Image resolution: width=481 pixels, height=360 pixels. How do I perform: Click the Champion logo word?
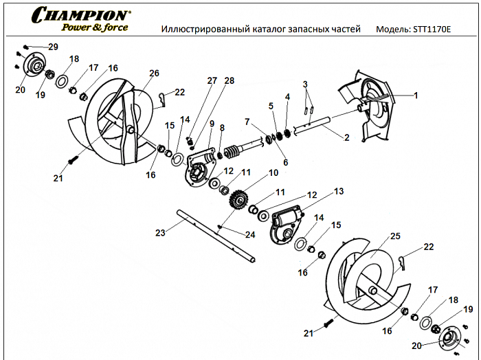tap(79, 14)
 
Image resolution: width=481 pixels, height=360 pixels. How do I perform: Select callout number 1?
tap(415, 95)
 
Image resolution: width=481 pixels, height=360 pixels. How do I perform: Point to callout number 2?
tap(346, 137)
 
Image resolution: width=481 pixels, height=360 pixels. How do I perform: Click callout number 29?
tap(53, 46)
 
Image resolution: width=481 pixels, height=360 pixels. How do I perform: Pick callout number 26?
tap(154, 74)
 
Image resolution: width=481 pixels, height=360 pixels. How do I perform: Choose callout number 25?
tap(395, 236)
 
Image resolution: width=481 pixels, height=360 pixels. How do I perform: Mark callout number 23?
tap(160, 233)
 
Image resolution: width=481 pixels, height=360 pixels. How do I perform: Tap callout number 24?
tap(249, 235)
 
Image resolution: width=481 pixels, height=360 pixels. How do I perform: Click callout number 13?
tap(338, 191)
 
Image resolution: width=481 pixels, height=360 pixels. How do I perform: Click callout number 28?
tap(229, 80)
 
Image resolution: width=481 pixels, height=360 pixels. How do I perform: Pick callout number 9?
tap(212, 123)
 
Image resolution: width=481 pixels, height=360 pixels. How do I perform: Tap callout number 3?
tap(306, 83)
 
